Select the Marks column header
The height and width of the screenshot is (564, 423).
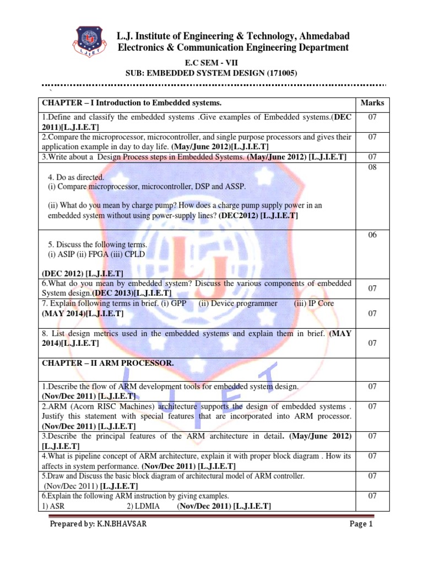click(372, 103)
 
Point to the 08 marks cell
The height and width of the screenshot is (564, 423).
click(372, 167)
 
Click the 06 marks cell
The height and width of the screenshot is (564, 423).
click(372, 235)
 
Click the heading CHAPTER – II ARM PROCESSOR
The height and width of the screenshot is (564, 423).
click(107, 363)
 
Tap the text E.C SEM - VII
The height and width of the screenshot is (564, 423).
click(212, 63)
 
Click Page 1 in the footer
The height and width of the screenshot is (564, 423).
click(361, 524)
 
